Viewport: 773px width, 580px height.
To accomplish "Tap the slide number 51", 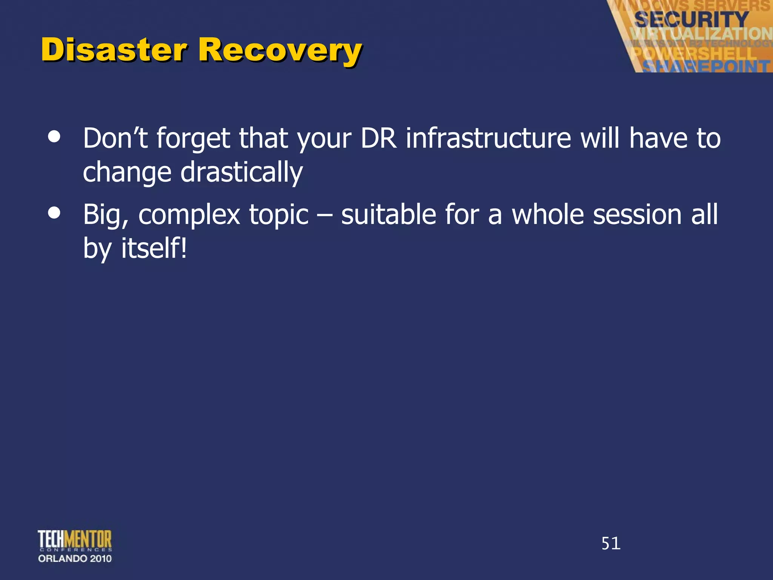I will (x=611, y=543).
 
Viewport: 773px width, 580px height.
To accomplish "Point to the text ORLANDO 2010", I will (x=75, y=558).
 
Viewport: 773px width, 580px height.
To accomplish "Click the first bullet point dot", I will (x=54, y=137).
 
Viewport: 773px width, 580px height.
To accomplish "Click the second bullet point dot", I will (x=54, y=213).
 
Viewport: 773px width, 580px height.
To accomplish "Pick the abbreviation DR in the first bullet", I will (x=379, y=138).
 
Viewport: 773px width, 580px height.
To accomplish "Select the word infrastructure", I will (x=488, y=138).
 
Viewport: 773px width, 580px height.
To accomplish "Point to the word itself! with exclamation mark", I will (x=154, y=248).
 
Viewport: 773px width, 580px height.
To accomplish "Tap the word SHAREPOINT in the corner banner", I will (x=706, y=66).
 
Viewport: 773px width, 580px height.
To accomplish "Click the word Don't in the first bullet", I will (x=115, y=138).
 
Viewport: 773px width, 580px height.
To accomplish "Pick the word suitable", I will (x=388, y=214).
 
